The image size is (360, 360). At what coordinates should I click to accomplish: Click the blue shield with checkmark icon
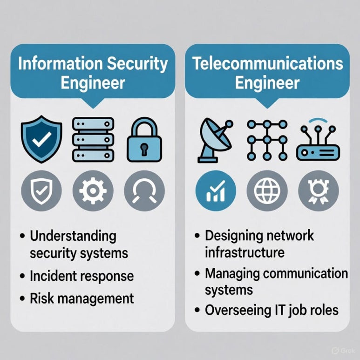41,139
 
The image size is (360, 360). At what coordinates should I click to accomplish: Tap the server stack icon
93,139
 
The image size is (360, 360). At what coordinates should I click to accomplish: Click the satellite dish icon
215,138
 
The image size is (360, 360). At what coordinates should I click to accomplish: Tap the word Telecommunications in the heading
267,64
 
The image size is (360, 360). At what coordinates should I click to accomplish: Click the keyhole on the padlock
144,148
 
